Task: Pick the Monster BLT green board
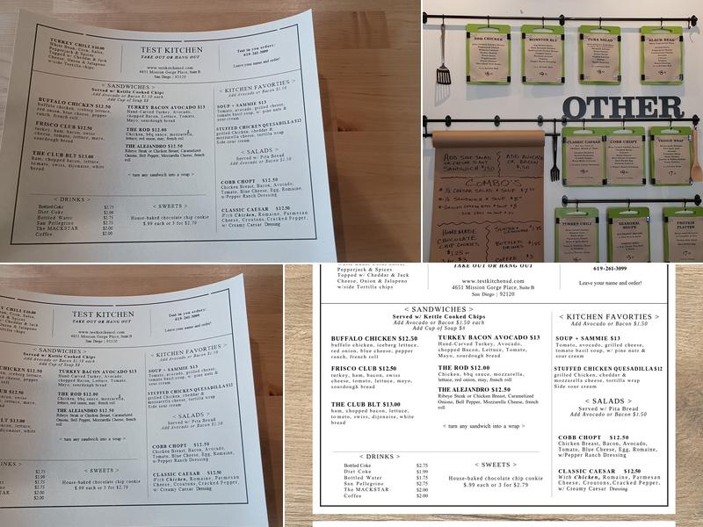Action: click(542, 53)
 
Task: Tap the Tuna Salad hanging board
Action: click(599, 54)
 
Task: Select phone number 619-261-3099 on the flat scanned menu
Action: click(610, 268)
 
